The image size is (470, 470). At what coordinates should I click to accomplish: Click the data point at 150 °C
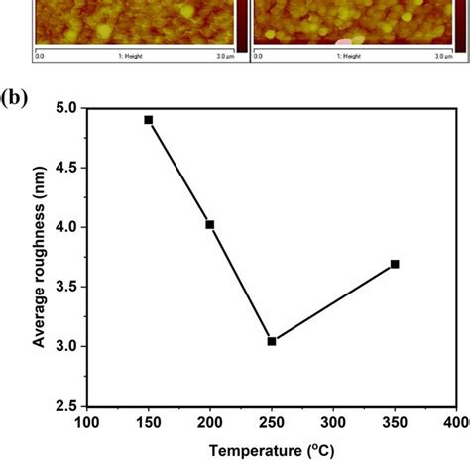149,119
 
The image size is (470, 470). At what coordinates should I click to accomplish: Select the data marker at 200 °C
210,224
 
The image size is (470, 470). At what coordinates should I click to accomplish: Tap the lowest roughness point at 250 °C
272,341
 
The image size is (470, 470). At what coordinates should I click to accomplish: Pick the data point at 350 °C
395,264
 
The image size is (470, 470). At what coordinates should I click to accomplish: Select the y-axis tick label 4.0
65,227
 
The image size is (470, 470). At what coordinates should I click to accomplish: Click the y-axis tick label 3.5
65,287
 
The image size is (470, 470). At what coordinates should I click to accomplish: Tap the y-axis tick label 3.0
65,346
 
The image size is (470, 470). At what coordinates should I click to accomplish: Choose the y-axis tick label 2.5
65,406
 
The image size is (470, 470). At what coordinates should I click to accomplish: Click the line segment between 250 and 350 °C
333,302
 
